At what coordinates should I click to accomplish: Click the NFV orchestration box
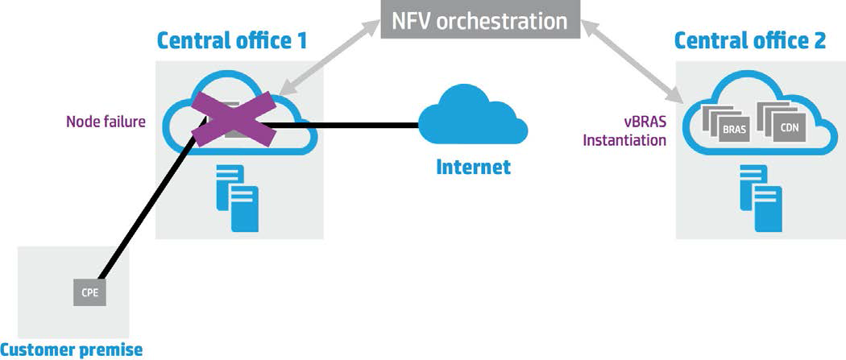(480, 19)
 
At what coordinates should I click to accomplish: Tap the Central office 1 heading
(231, 40)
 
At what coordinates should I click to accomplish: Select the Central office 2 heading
(749, 40)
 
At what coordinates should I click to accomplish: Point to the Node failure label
(105, 124)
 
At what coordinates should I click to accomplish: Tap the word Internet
(473, 168)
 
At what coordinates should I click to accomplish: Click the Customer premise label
(71, 350)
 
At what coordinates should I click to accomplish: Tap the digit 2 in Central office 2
(819, 40)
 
